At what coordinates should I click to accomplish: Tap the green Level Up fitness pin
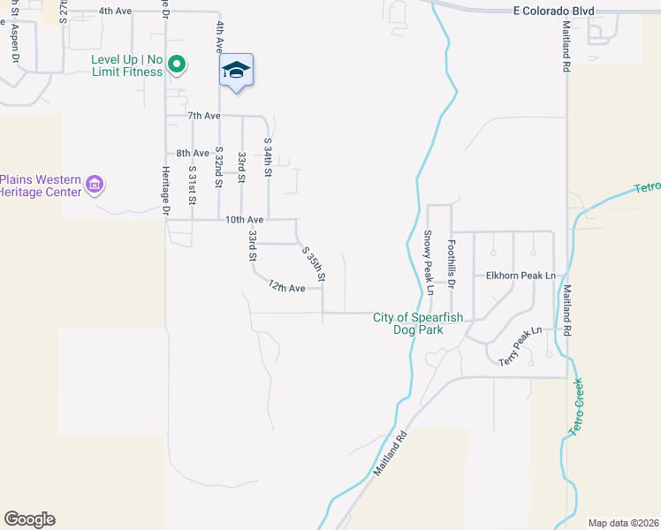pos(176,64)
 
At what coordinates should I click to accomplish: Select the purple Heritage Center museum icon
pos(95,185)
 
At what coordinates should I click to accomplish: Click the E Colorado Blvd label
pos(553,11)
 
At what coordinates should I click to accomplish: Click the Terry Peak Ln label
pos(519,345)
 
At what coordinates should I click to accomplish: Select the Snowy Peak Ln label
pos(429,262)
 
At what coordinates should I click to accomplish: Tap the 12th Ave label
pos(286,287)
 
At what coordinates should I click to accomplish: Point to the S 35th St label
pos(314,264)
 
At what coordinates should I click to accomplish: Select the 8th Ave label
pos(193,153)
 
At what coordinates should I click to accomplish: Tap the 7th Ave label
pos(202,116)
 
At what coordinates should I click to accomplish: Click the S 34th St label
pos(268,155)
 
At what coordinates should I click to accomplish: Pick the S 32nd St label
pos(217,167)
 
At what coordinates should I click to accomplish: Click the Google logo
pos(29,519)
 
